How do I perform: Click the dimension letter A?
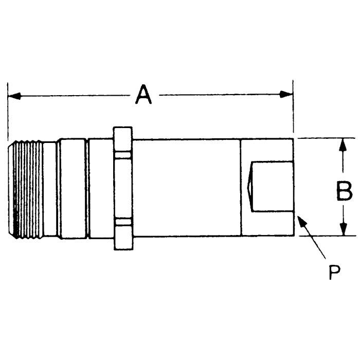[145, 95]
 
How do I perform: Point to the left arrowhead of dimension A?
[14, 95]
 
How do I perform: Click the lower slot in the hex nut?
[123, 222]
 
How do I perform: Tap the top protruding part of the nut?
[123, 135]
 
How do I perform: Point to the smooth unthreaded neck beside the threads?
[50, 188]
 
